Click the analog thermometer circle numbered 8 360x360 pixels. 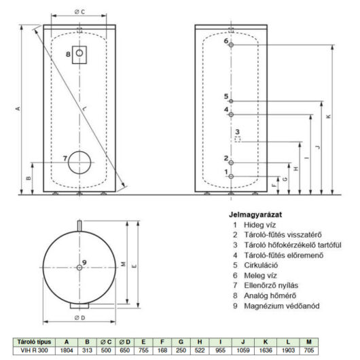tap(79, 53)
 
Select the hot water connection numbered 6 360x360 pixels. tap(231, 45)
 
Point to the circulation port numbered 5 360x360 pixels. tap(231, 101)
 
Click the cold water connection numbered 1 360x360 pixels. tap(231, 177)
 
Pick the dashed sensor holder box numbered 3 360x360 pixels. tap(238, 139)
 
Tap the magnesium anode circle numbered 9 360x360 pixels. tap(79, 268)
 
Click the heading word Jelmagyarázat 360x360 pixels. tap(255, 215)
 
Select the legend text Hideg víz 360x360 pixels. tap(259, 225)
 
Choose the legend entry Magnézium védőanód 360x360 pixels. tap(282, 306)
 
